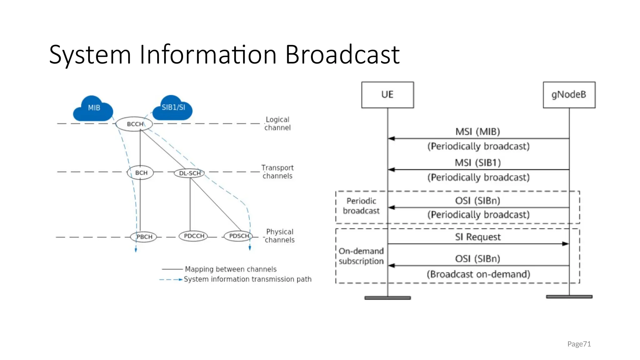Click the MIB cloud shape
point(93,109)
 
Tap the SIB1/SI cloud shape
point(173,108)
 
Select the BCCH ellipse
point(134,124)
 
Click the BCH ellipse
point(141,173)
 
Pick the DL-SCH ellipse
point(189,173)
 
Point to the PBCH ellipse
point(144,237)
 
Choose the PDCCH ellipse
point(194,236)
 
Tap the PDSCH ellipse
point(239,236)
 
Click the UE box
point(387,95)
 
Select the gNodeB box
point(569,95)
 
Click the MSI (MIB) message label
point(477,132)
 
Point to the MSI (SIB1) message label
point(477,163)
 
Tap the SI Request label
point(477,237)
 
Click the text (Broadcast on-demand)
point(478,274)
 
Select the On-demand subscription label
point(361,256)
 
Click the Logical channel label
point(277,123)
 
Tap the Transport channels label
point(277,172)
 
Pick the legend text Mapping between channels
point(231,269)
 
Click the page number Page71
point(579,344)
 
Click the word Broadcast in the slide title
point(342,55)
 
